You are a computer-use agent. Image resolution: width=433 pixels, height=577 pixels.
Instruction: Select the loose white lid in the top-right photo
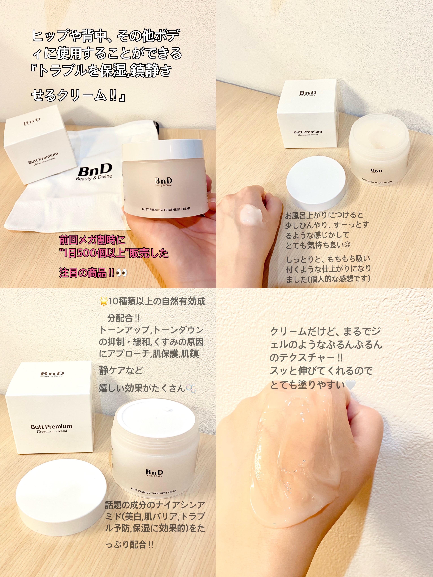316,180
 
